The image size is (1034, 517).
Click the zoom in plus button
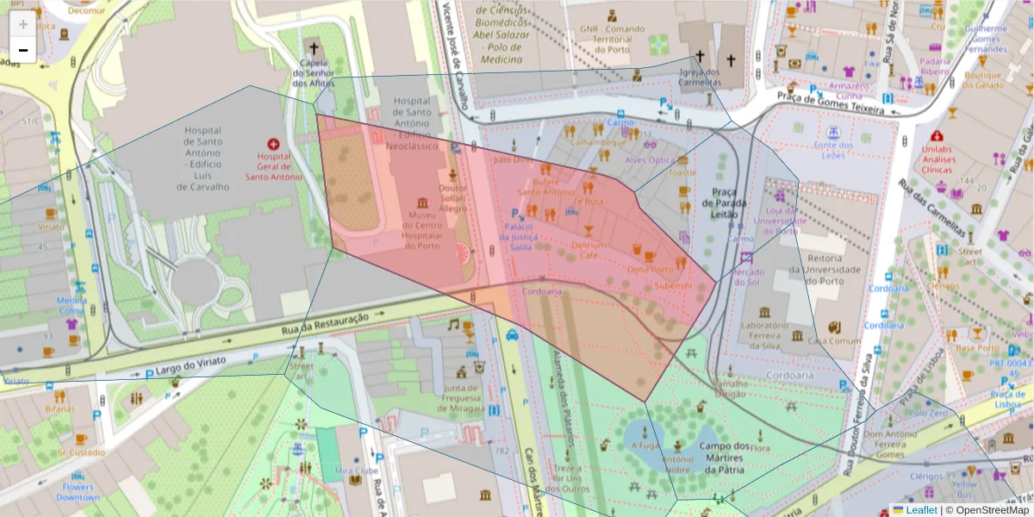point(22,23)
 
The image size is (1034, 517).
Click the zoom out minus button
point(22,50)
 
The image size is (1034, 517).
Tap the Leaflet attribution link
point(920,510)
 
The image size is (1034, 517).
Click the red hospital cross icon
point(273,145)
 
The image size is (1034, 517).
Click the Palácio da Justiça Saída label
point(520,237)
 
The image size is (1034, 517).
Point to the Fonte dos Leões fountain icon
point(833,132)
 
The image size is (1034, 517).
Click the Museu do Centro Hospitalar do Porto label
point(422,230)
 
